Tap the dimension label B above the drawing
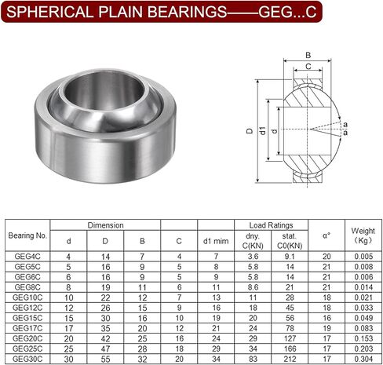tap(308, 55)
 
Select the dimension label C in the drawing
tap(308, 67)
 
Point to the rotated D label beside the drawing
tap(250, 130)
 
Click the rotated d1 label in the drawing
tap(262, 130)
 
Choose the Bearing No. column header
tap(27, 235)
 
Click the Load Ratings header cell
tap(271, 225)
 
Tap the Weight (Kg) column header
tap(363, 235)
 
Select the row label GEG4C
tap(27, 257)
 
